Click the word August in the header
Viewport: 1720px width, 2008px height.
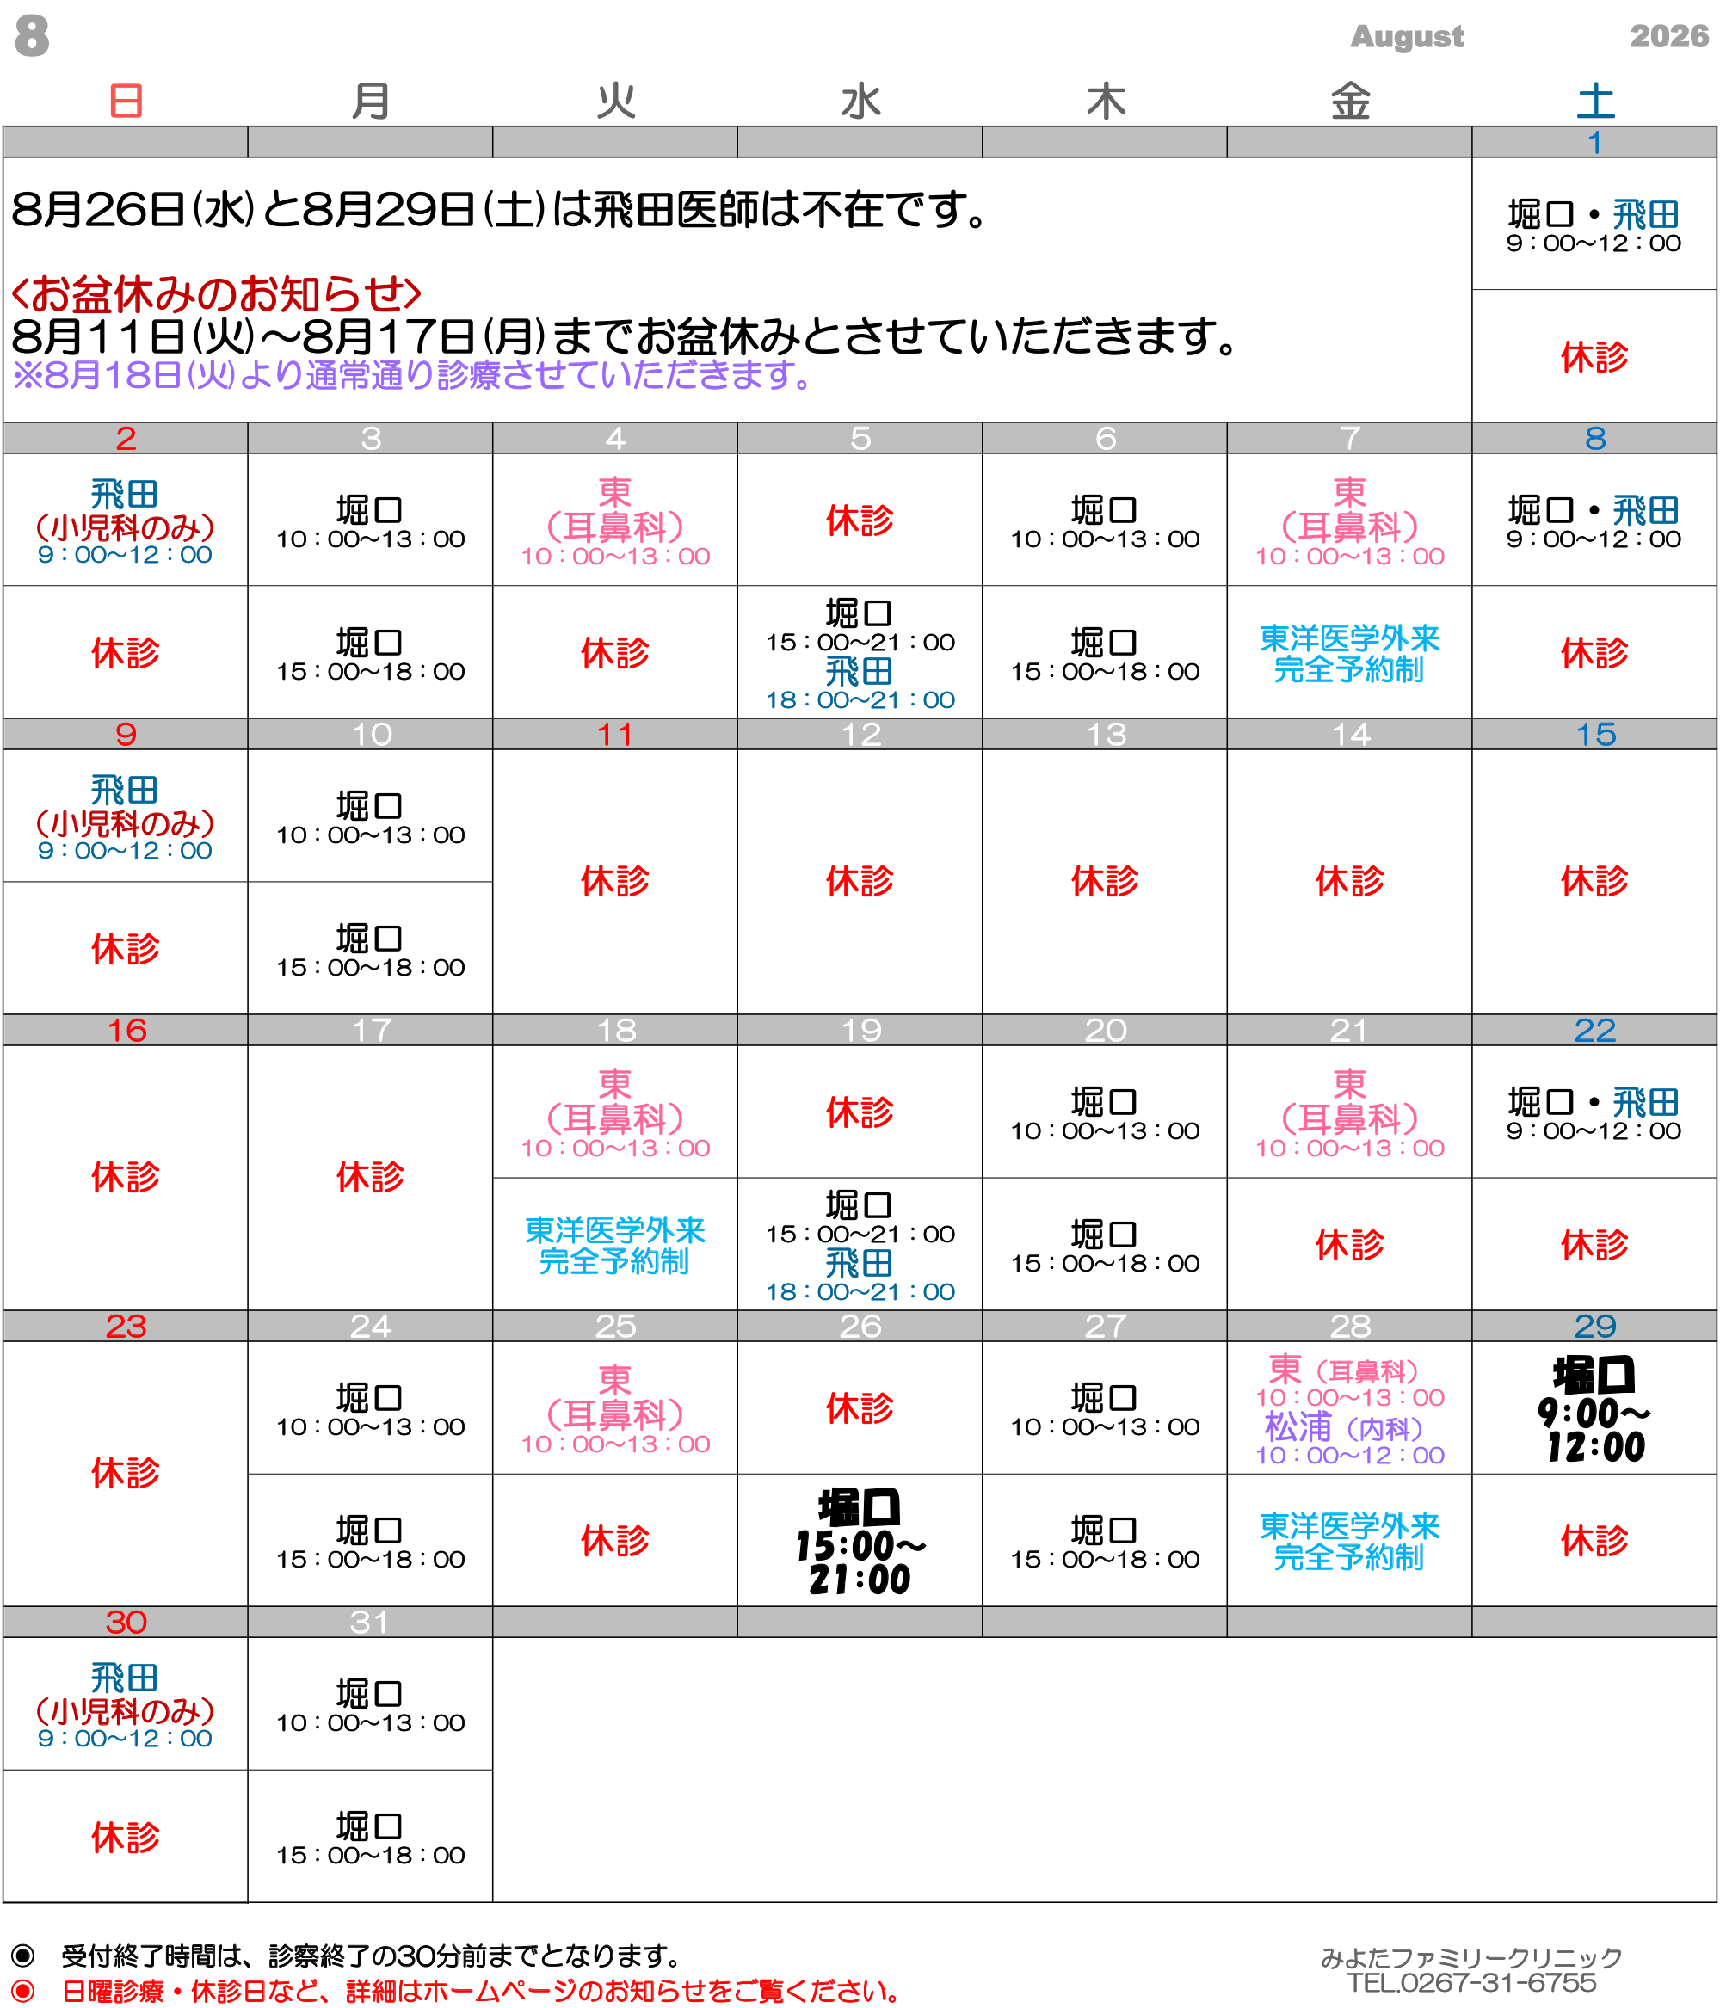pyautogui.click(x=1406, y=37)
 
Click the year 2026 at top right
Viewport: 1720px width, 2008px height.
pyautogui.click(x=1668, y=36)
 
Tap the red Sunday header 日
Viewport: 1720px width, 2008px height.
pyautogui.click(x=126, y=101)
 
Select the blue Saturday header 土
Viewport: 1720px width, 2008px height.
pyautogui.click(x=1595, y=101)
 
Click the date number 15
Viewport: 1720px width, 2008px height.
pyautogui.click(x=1595, y=734)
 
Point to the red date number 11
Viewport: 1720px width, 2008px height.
pyautogui.click(x=615, y=734)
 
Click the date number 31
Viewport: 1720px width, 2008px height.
pyautogui.click(x=369, y=1622)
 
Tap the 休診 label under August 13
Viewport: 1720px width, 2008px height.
pyautogui.click(x=1105, y=881)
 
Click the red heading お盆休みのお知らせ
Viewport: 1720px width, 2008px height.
pyautogui.click(x=216, y=293)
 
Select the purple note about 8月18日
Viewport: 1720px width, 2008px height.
pyautogui.click(x=413, y=375)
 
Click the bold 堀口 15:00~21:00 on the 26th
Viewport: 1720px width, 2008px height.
pyautogui.click(x=860, y=1542)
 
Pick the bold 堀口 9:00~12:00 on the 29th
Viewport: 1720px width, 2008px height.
pyautogui.click(x=1595, y=1409)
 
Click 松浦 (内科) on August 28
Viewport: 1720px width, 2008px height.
pyautogui.click(x=1343, y=1427)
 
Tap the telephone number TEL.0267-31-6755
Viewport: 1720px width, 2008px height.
pyautogui.click(x=1471, y=1983)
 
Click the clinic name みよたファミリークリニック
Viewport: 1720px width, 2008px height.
pyautogui.click(x=1471, y=1957)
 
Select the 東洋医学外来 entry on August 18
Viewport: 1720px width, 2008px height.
pyautogui.click(x=615, y=1245)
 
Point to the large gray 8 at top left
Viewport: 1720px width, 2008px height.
pyautogui.click(x=32, y=36)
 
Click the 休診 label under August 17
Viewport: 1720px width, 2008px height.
pyautogui.click(x=369, y=1177)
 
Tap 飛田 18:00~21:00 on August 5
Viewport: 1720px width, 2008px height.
pyautogui.click(x=860, y=684)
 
